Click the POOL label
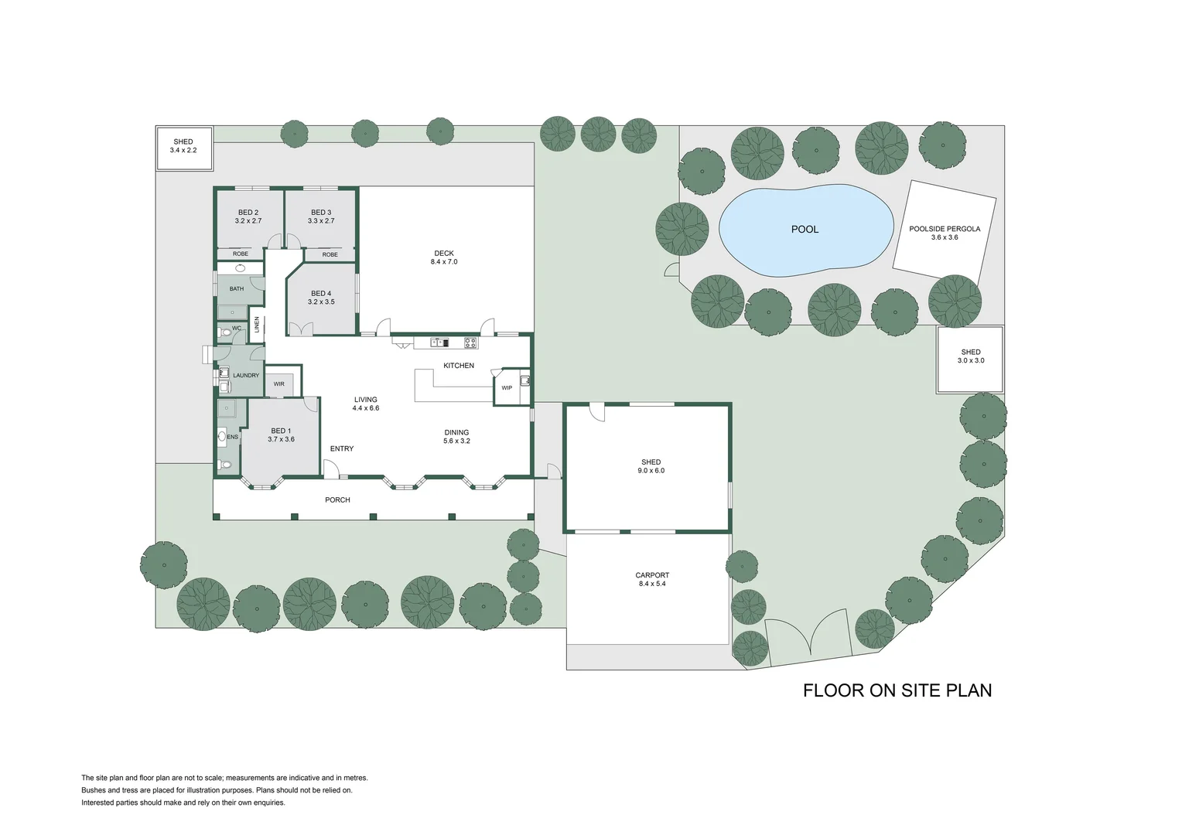pos(805,230)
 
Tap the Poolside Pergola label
pos(944,233)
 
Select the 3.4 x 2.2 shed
pos(183,146)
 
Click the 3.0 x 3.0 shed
pos(970,356)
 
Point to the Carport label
pos(652,579)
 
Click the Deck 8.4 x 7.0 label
pos(444,257)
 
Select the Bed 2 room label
pos(248,216)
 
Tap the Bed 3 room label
pos(321,216)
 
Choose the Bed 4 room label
pos(321,298)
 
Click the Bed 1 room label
pos(281,435)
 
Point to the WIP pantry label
pos(507,388)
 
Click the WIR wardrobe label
pos(278,384)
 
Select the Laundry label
pos(246,376)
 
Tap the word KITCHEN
pos(459,366)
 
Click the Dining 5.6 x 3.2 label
pos(456,437)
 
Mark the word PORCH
pos(337,500)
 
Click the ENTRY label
pos(342,449)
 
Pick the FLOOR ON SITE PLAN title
pos(897,690)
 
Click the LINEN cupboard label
pos(257,325)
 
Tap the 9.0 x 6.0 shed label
pos(651,466)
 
